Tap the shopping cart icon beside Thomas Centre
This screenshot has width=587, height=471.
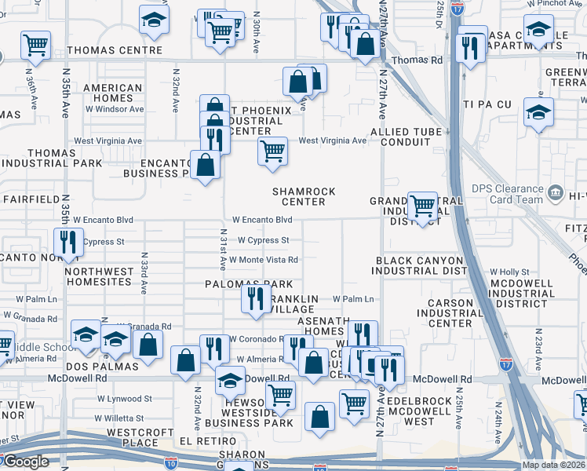36,45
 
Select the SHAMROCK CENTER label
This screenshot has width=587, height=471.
304,196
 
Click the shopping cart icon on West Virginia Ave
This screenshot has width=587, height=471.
272,150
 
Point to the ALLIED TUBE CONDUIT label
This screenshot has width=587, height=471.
406,137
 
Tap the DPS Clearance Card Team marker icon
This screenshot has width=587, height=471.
556,192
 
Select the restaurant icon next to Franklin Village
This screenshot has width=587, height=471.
256,298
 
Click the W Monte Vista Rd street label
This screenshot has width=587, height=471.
263,260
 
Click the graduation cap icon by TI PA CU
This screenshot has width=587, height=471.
538,111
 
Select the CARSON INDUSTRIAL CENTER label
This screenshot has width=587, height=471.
461,312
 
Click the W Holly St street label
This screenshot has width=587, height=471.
509,272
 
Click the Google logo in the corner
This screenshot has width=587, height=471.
26,462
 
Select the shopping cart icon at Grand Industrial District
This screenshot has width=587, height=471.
422,206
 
